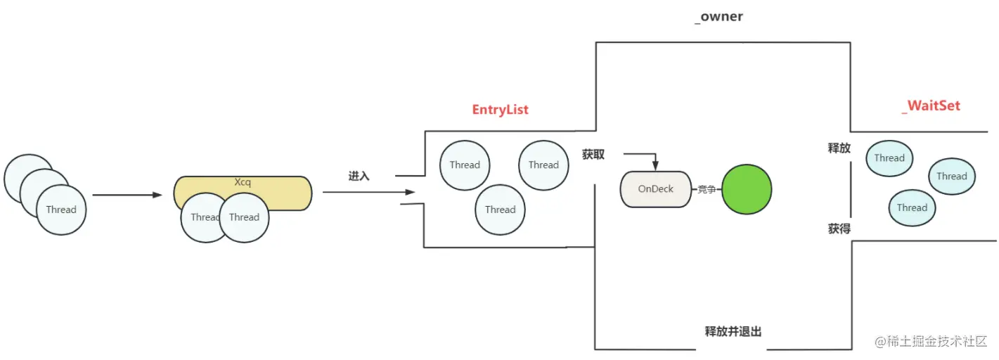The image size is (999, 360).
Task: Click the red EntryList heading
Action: [500, 110]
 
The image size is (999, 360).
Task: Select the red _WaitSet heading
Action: [931, 106]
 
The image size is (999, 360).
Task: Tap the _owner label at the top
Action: [718, 16]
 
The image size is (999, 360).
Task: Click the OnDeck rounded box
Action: [655, 189]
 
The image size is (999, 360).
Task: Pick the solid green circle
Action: [747, 189]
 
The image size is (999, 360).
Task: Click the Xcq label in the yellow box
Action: [243, 182]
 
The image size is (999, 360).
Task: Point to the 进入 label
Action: [359, 176]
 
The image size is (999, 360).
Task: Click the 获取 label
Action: [593, 154]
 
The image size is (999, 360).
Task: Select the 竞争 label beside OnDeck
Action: [707, 189]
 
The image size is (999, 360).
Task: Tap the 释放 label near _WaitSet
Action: [839, 148]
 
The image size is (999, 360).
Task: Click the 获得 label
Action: [839, 229]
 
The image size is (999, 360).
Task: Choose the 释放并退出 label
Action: [733, 331]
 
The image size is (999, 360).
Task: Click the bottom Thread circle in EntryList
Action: [500, 210]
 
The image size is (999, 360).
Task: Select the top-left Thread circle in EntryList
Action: [465, 165]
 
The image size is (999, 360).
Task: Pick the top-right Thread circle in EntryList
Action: [543, 165]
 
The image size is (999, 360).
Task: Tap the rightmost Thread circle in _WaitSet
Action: [951, 176]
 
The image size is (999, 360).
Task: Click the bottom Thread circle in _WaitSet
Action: [912, 207]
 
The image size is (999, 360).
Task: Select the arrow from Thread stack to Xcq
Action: [127, 195]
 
